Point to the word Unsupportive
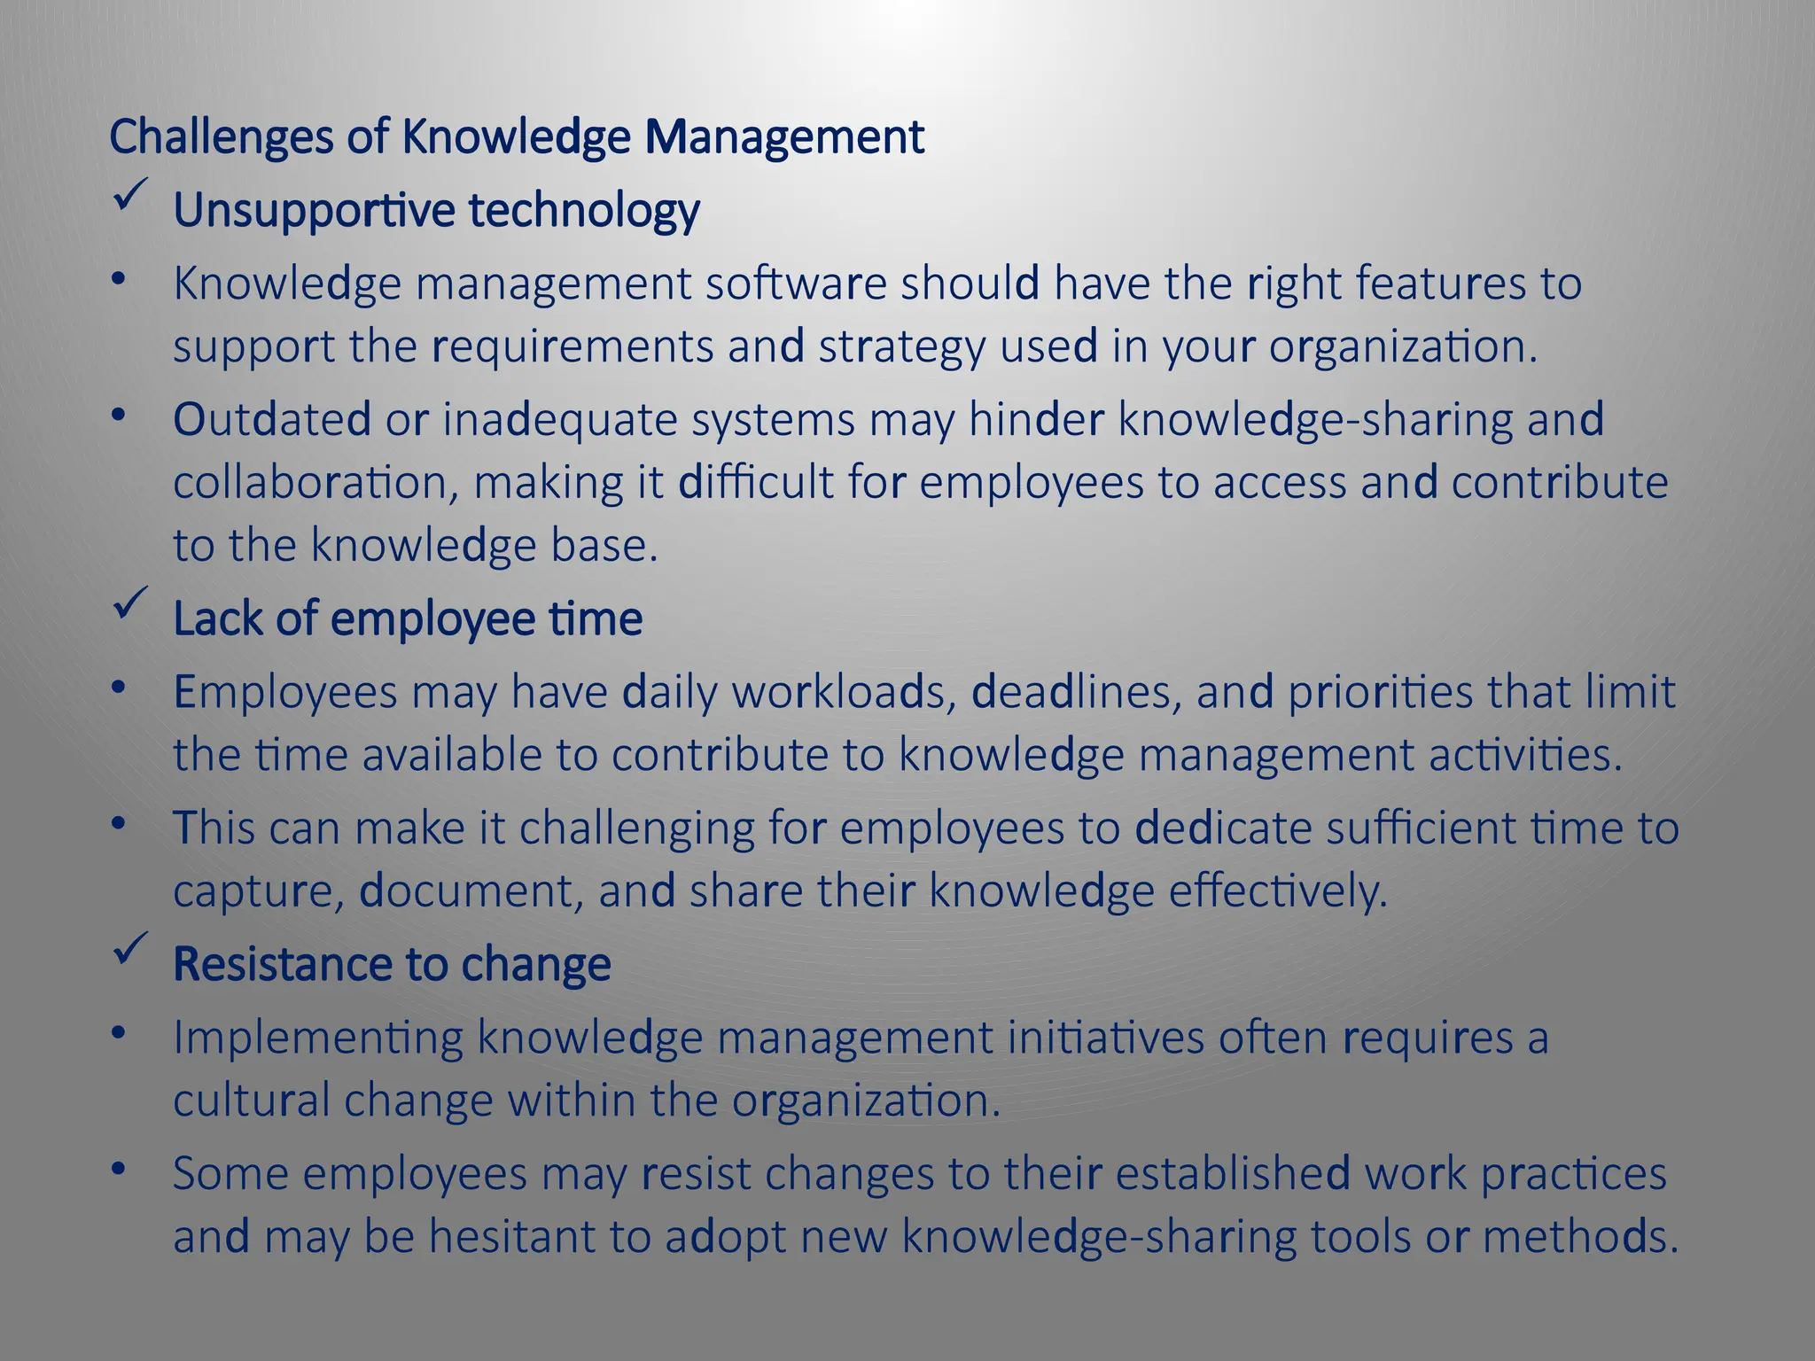pyautogui.click(x=314, y=211)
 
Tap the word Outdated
pyautogui.click(x=272, y=419)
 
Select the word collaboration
pyautogui.click(x=315, y=483)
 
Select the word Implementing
pyautogui.click(x=318, y=1038)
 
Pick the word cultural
pyautogui.click(x=251, y=1100)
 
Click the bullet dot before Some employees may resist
pyautogui.click(x=119, y=1170)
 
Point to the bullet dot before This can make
pyautogui.click(x=119, y=824)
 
